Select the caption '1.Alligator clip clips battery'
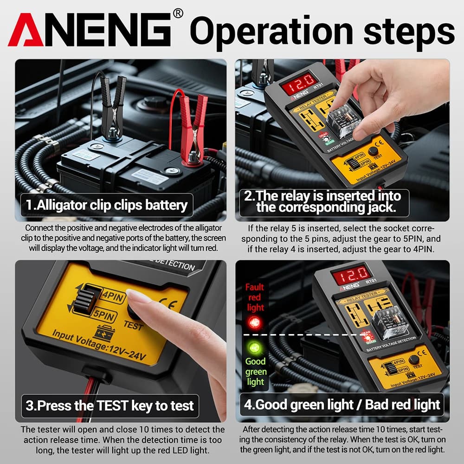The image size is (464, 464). [x=107, y=205]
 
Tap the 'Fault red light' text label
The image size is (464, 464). [x=255, y=297]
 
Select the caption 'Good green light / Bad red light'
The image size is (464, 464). [x=342, y=404]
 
